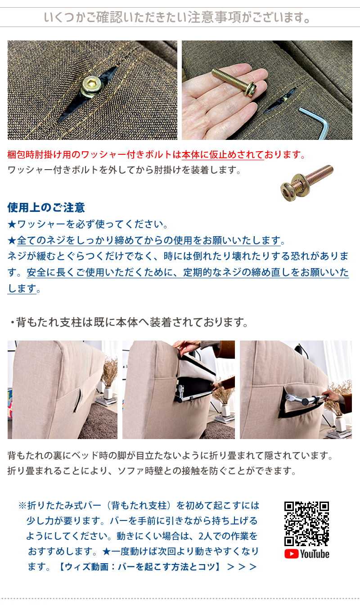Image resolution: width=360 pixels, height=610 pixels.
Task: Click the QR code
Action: tap(306, 524)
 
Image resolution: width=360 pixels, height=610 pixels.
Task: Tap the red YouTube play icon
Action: tap(292, 554)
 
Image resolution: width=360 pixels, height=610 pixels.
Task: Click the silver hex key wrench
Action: tap(315, 122)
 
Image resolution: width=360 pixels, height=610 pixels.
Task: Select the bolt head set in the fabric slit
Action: tap(92, 86)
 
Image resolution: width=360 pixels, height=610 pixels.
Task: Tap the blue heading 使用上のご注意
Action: tap(46, 207)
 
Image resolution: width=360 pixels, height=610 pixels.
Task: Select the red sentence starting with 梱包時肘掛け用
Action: tap(156, 155)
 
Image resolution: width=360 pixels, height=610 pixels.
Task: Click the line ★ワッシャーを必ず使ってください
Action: tap(88, 224)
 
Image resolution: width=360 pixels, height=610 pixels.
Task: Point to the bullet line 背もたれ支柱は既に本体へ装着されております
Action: tap(129, 322)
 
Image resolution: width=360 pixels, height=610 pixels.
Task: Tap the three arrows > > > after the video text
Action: tap(242, 567)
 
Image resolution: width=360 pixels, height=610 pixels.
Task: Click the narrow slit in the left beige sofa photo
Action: tap(78, 400)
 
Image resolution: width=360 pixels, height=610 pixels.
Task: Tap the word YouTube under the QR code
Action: tap(315, 554)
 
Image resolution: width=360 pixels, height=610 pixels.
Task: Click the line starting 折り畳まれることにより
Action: tap(152, 471)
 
